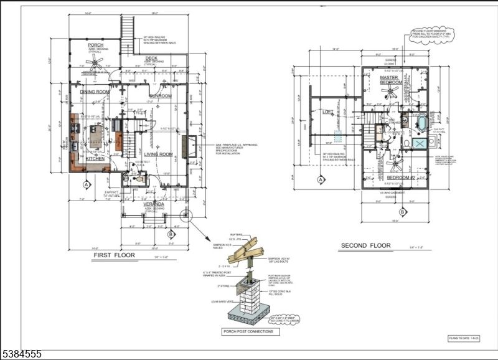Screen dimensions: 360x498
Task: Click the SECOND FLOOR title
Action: click(x=365, y=245)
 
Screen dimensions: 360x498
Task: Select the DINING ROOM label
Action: click(x=95, y=92)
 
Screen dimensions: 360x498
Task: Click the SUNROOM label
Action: click(x=161, y=95)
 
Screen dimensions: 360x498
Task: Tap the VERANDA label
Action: click(x=154, y=204)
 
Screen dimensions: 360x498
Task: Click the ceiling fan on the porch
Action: click(x=95, y=60)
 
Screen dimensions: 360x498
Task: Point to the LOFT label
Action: click(x=328, y=112)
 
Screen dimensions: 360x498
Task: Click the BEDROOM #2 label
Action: click(x=397, y=178)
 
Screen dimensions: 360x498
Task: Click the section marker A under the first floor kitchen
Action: click(x=87, y=184)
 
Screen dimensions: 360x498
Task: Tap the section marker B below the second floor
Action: click(x=402, y=212)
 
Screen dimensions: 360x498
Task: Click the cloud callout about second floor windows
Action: click(x=432, y=36)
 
